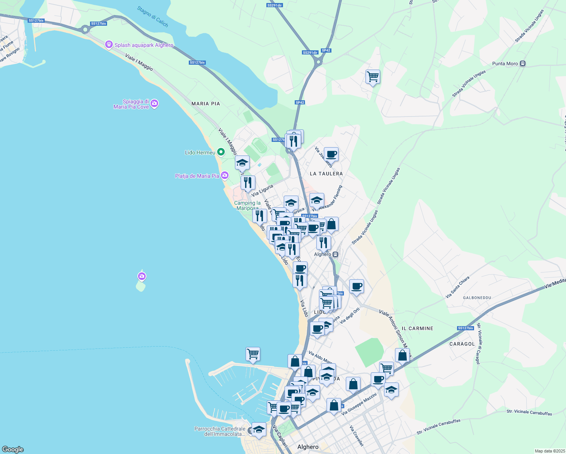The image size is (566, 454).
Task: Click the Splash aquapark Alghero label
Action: click(x=144, y=45)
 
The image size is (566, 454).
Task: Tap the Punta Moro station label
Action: click(x=505, y=64)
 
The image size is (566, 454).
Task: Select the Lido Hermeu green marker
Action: click(x=221, y=152)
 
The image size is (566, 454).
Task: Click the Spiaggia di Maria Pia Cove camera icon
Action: click(x=154, y=104)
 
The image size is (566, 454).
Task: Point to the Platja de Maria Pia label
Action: click(x=197, y=176)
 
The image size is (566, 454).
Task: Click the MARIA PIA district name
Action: click(x=205, y=104)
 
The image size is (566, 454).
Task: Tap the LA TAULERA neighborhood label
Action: click(x=326, y=174)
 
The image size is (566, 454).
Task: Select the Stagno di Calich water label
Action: click(x=152, y=17)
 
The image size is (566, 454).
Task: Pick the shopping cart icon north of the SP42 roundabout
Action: click(x=373, y=77)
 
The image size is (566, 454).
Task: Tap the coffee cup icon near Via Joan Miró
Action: click(x=331, y=154)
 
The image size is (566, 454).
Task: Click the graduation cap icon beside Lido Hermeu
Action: click(x=242, y=163)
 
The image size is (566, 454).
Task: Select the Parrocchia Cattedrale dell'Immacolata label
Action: click(x=220, y=431)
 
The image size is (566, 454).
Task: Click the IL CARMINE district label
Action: click(x=417, y=328)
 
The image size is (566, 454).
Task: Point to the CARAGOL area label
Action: click(x=462, y=344)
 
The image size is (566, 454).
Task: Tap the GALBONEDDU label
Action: click(x=477, y=298)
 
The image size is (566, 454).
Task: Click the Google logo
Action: click(x=13, y=449)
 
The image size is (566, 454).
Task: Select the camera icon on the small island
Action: click(x=142, y=277)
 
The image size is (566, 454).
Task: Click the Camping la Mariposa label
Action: click(x=247, y=205)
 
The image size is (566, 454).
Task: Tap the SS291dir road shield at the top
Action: click(x=274, y=5)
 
